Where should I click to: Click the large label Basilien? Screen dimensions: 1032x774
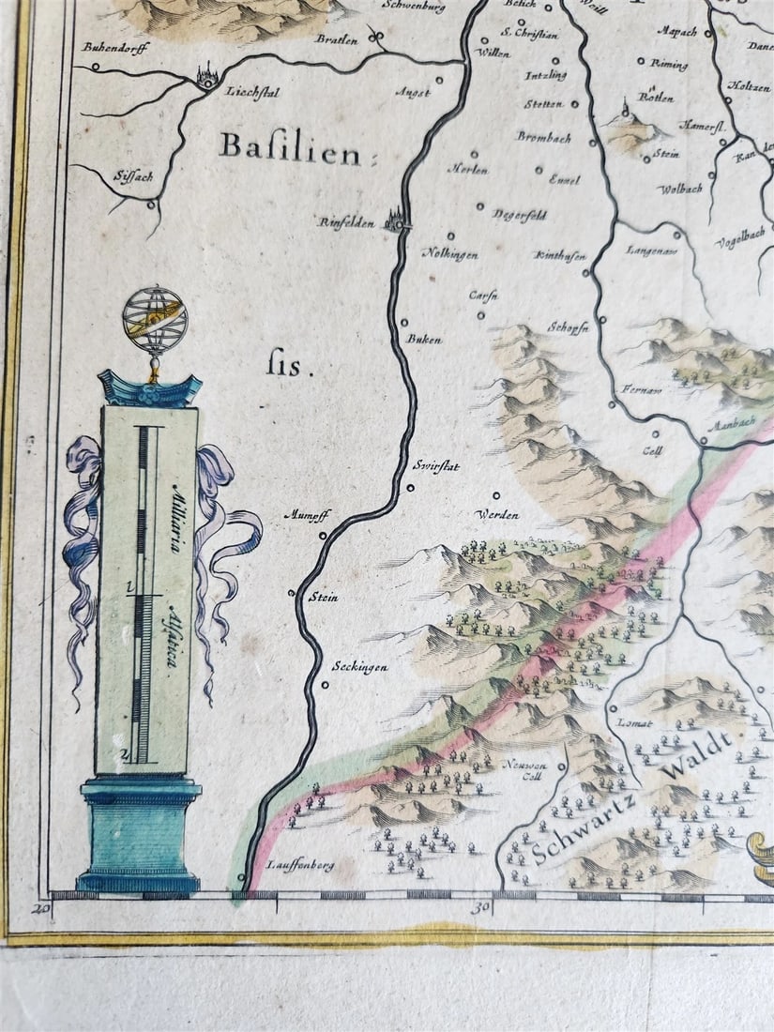[x=289, y=147]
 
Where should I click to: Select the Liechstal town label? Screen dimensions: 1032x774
[x=248, y=92]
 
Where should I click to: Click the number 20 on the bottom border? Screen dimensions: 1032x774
[x=40, y=907]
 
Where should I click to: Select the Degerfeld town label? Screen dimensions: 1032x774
[x=519, y=214]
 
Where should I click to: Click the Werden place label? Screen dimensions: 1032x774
[x=496, y=515]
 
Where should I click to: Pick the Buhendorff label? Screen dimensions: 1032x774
[x=115, y=46]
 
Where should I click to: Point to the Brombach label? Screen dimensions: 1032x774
[x=543, y=136]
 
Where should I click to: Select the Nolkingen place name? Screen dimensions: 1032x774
[x=449, y=254]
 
